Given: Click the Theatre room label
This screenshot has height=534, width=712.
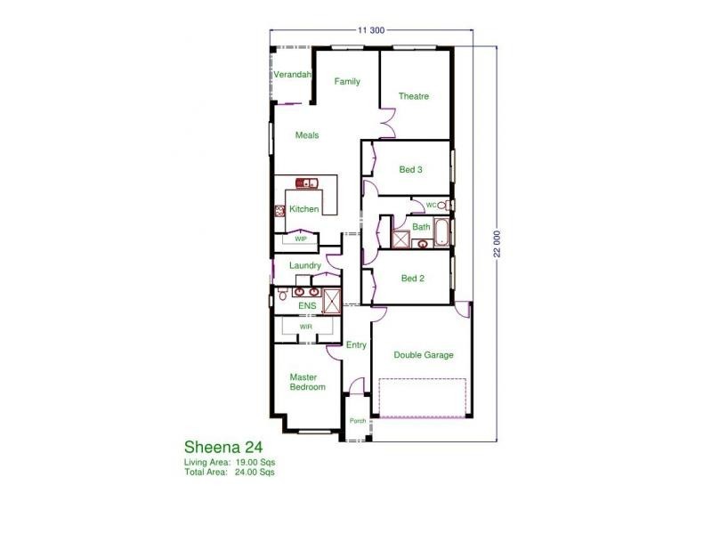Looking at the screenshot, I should tap(414, 96).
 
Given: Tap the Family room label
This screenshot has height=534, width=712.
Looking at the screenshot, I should tap(347, 82).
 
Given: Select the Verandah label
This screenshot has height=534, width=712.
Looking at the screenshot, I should tap(292, 75).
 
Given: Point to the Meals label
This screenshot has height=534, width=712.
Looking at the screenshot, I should tap(307, 135).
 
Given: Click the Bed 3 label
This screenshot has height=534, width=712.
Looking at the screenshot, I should tap(410, 168).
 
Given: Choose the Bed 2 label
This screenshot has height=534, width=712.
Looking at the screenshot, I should tap(412, 279).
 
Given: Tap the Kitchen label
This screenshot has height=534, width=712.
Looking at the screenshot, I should tap(303, 209).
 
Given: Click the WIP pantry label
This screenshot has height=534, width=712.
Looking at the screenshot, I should tap(301, 239).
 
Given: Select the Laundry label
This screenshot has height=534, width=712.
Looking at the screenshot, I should tap(305, 265).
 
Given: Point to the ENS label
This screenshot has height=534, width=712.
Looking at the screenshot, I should tap(307, 306).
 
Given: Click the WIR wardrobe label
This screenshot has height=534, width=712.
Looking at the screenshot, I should tap(305, 327).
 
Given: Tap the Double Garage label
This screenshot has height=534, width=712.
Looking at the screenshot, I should tap(424, 355).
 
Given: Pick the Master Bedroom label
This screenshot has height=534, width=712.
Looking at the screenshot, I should tap(307, 382).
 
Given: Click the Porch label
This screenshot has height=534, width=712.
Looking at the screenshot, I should tap(358, 421).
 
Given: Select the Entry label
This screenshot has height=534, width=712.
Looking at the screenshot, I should tap(356, 345).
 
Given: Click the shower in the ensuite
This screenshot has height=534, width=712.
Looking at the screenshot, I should tap(332, 300).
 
